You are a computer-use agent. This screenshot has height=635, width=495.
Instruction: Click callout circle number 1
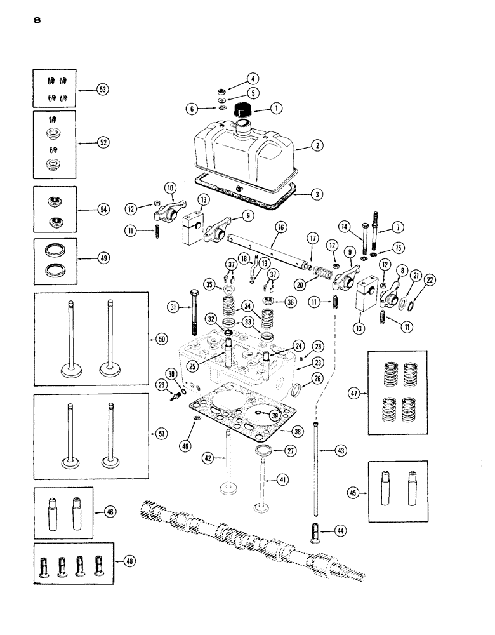(x=277, y=109)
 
